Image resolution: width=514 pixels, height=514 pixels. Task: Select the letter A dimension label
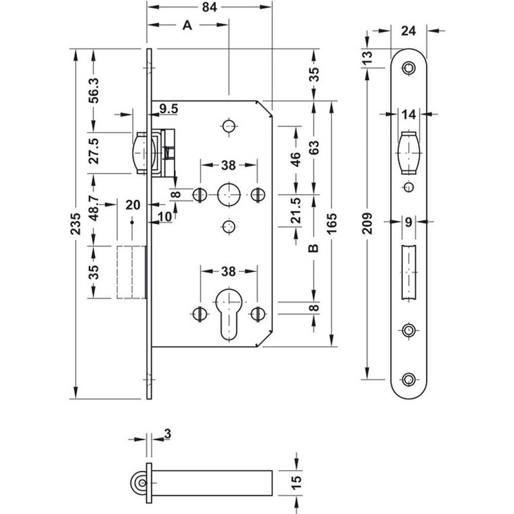click(x=186, y=25)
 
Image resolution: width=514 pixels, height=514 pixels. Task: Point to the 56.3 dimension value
click(x=94, y=90)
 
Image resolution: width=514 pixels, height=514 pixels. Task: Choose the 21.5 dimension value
click(x=295, y=219)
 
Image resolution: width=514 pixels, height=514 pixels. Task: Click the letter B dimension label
click(x=314, y=248)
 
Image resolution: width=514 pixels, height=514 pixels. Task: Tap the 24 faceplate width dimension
click(x=408, y=30)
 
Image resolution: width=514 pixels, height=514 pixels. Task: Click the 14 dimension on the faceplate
click(x=409, y=114)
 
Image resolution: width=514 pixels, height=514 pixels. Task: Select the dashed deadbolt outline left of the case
click(x=130, y=270)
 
